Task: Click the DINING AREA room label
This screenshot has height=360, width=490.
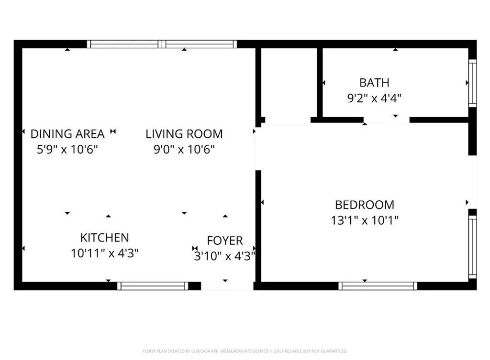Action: (67, 133)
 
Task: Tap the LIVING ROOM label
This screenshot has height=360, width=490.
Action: (184, 133)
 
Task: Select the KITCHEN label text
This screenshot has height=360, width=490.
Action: (104, 238)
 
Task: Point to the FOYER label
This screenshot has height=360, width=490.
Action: (224, 240)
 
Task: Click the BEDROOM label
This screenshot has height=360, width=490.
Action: (365, 205)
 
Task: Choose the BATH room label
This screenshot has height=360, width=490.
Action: (374, 83)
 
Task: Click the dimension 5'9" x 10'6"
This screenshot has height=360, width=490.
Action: (67, 149)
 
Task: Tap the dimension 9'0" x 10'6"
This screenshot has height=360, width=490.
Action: (184, 149)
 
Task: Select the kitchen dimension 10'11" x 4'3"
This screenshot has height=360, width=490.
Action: (105, 253)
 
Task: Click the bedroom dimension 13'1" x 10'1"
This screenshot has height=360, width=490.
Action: (365, 220)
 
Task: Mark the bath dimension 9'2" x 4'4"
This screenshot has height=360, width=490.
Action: (374, 98)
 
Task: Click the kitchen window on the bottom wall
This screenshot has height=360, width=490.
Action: (153, 286)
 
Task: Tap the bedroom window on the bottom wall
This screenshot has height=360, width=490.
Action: (378, 286)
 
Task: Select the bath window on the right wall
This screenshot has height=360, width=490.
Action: (472, 83)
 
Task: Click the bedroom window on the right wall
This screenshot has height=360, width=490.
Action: (472, 247)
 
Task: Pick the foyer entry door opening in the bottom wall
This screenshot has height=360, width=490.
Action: (226, 286)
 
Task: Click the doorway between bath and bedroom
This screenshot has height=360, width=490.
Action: (386, 120)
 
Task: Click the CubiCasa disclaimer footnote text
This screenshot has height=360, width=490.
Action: (245, 351)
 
